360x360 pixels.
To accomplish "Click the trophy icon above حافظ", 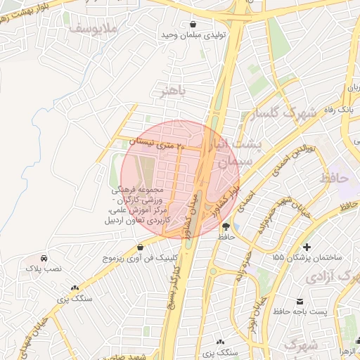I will pos(226,226).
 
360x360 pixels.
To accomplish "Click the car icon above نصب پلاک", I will pos(44,258).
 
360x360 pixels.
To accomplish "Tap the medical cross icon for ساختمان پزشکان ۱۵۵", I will pos(306,247).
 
